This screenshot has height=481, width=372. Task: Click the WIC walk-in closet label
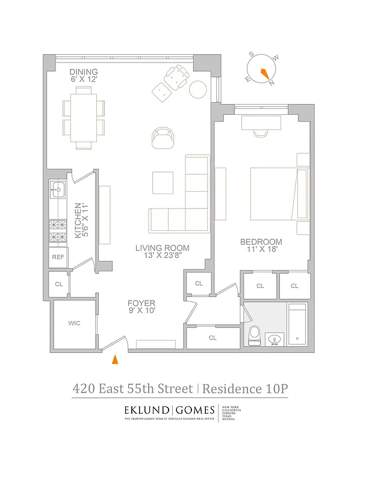[74, 323]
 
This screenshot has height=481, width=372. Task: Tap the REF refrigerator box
[58, 257]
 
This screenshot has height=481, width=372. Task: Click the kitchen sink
[57, 191]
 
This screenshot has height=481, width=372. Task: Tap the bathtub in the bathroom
[297, 325]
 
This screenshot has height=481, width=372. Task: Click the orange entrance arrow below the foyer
[114, 360]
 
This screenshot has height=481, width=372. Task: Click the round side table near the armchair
[199, 90]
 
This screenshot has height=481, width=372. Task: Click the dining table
[84, 117]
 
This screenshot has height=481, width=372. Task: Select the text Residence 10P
[244, 388]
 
